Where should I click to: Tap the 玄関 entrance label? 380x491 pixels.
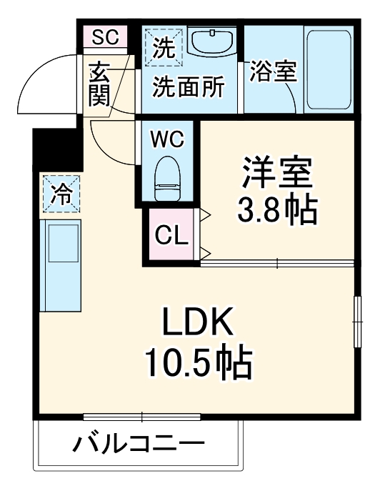tap(99, 84)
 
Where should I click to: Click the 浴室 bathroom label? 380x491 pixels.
tap(272, 72)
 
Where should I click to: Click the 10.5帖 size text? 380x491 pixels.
tap(198, 365)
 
